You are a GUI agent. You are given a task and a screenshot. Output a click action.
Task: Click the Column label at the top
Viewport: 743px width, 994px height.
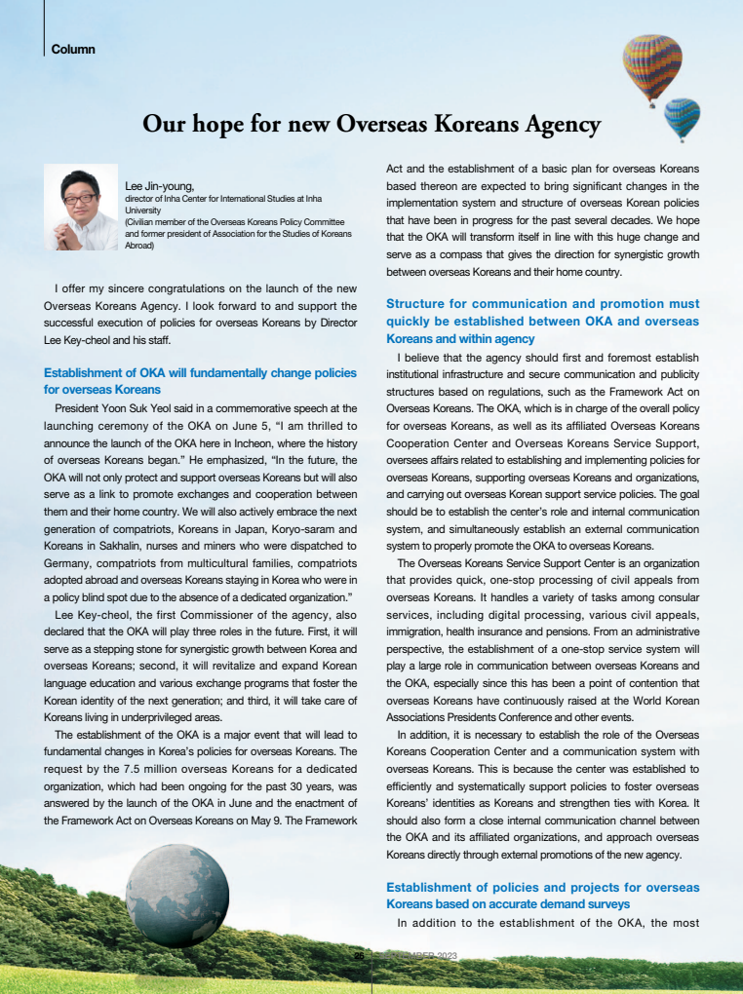tap(73, 48)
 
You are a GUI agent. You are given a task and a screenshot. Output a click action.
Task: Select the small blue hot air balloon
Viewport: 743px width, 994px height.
tap(682, 117)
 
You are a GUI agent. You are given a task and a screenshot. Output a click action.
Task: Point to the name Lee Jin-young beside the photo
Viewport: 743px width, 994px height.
tap(160, 185)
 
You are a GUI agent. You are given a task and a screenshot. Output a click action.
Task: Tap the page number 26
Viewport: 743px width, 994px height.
tap(359, 955)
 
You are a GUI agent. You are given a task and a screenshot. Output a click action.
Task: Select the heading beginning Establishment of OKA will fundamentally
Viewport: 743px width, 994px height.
tap(200, 381)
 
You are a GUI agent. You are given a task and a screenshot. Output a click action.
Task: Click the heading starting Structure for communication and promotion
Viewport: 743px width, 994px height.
tap(542, 322)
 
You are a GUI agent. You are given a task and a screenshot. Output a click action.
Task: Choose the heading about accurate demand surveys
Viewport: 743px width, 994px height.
tap(542, 896)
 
